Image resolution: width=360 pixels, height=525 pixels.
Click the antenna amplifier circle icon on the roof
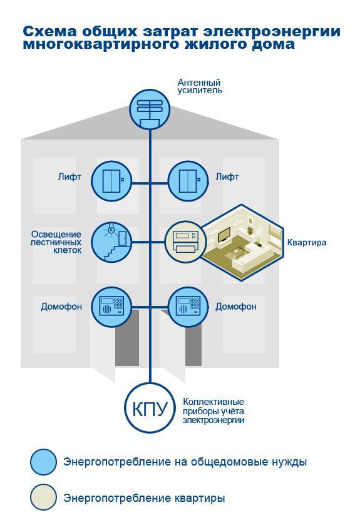click(x=150, y=110)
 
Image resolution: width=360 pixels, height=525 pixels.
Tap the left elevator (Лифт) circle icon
click(x=111, y=181)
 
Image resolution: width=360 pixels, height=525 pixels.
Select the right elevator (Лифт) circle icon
click(x=188, y=181)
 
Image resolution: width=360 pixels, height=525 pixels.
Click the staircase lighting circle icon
click(x=111, y=242)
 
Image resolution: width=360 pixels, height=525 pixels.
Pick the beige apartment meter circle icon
click(x=185, y=242)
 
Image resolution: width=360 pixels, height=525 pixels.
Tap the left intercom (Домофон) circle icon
click(x=111, y=307)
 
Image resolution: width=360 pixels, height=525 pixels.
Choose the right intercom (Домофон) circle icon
click(x=188, y=307)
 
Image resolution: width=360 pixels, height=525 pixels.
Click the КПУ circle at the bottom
click(x=150, y=408)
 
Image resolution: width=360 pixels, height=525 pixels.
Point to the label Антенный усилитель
click(x=200, y=86)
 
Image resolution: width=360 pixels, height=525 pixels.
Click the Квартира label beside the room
click(x=307, y=242)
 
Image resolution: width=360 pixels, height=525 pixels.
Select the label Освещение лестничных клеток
click(x=56, y=242)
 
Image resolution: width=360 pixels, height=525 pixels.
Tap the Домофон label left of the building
click(x=61, y=307)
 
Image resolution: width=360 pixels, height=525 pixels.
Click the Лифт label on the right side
click(x=227, y=176)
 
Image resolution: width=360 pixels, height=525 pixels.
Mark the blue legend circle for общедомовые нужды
click(x=44, y=462)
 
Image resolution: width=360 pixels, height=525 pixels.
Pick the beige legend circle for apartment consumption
click(x=44, y=497)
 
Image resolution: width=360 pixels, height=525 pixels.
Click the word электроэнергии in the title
click(x=272, y=31)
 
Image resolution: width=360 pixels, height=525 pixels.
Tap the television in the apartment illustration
click(x=224, y=235)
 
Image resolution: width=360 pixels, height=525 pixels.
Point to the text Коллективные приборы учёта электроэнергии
click(x=213, y=411)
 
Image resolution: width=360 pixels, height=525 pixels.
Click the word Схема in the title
click(x=50, y=31)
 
